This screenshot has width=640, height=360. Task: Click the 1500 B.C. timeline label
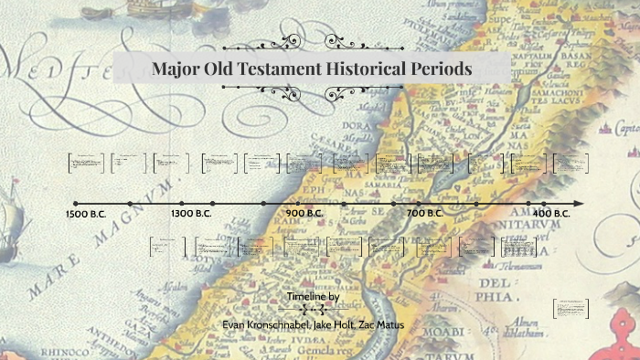88,213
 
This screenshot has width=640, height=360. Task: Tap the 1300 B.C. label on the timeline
191,213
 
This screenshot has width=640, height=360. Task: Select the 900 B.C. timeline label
304,213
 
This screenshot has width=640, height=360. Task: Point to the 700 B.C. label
424,213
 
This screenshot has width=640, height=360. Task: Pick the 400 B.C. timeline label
550,213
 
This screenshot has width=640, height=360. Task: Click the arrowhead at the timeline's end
579,203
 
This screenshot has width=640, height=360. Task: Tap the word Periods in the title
442,69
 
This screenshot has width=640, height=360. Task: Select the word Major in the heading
178,69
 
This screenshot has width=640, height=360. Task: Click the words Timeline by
314,297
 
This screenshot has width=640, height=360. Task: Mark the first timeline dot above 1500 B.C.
75,203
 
